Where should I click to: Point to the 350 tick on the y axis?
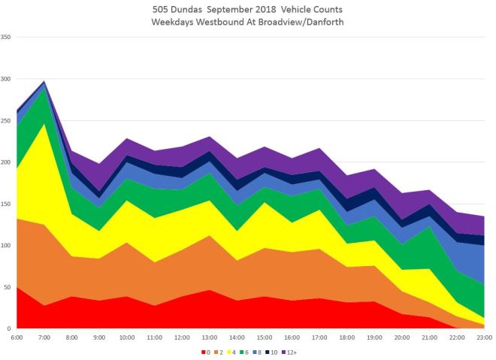click(x=7, y=38)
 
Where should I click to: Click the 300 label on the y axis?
click(x=7, y=79)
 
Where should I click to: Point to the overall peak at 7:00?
click(x=45, y=80)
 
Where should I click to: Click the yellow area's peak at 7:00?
click(x=45, y=123)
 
